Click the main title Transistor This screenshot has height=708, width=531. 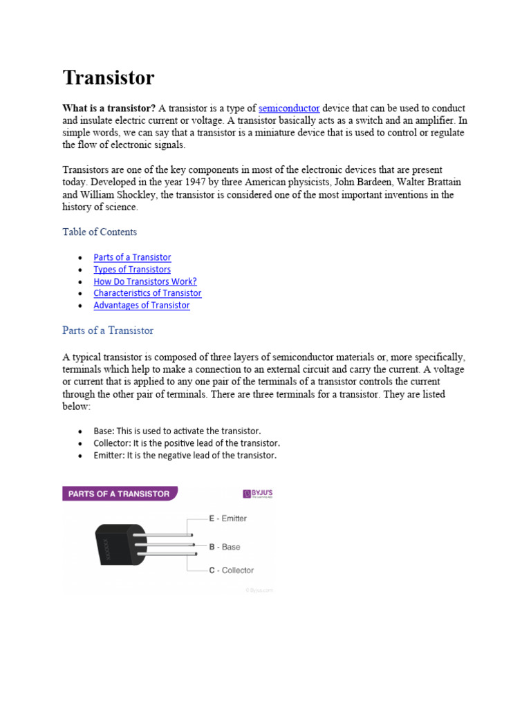[109, 77]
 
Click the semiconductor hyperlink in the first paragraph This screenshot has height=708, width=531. [289, 109]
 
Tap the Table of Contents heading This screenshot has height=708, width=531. [100, 232]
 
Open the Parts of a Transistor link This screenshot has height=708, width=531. [132, 257]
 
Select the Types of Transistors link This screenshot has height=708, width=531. [132, 270]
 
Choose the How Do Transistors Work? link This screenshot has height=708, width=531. [145, 281]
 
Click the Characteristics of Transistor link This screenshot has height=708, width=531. [147, 293]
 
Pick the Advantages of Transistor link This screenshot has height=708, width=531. [142, 305]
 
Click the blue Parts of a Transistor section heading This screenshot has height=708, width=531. [108, 330]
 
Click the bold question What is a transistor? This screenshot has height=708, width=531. [109, 109]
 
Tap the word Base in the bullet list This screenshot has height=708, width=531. [104, 431]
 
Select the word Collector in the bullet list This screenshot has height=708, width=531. [109, 443]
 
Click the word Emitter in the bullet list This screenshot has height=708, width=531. [108, 455]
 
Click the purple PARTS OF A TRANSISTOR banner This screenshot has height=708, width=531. [120, 494]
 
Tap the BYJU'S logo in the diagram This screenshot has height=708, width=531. [257, 494]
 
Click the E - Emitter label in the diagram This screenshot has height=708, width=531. [227, 518]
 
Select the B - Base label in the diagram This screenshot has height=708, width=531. [225, 547]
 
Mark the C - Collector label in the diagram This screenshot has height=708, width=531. [231, 570]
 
